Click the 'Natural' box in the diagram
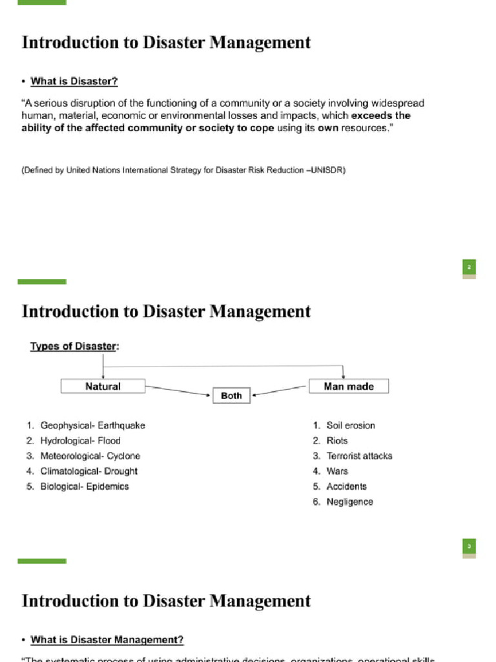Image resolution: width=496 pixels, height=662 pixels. click(103, 386)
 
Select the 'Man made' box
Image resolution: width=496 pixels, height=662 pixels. click(348, 386)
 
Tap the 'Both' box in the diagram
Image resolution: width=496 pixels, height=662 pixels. click(231, 395)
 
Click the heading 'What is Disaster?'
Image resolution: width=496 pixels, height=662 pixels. click(74, 81)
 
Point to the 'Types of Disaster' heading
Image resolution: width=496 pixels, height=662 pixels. click(73, 347)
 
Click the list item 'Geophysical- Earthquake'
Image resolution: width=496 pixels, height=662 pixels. click(92, 425)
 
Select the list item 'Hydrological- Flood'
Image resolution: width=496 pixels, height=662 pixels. click(80, 441)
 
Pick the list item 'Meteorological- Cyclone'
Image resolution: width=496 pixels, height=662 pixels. click(90, 456)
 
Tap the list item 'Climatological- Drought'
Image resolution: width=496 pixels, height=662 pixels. click(88, 471)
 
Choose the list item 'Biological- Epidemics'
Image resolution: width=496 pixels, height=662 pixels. click(85, 487)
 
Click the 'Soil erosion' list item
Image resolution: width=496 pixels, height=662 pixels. click(350, 425)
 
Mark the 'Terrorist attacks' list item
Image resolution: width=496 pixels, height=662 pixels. click(359, 456)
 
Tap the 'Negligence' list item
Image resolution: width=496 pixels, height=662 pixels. click(349, 502)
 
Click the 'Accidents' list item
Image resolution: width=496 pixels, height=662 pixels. click(346, 487)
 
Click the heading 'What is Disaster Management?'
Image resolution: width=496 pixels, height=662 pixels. click(107, 640)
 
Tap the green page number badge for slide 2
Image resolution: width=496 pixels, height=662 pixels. click(470, 268)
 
